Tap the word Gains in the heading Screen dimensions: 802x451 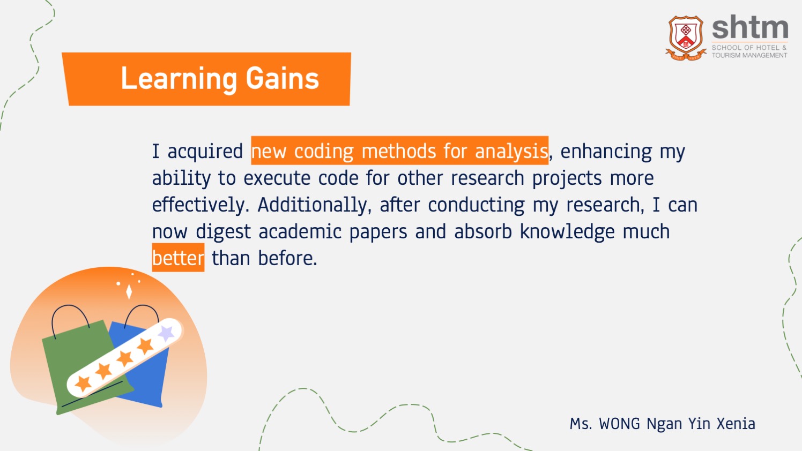point(283,78)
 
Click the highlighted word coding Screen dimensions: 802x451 point(324,151)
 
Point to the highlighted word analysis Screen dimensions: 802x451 point(511,151)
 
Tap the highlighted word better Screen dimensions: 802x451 point(178,258)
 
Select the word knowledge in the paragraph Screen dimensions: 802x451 point(567,232)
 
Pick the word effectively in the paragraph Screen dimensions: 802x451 point(200,205)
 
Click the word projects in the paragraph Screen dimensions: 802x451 point(567,178)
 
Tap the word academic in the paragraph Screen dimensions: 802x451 point(300,231)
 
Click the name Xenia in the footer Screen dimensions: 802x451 point(736,424)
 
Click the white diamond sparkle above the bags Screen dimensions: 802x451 point(129,291)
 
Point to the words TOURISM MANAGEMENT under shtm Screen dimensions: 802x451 point(749,55)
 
